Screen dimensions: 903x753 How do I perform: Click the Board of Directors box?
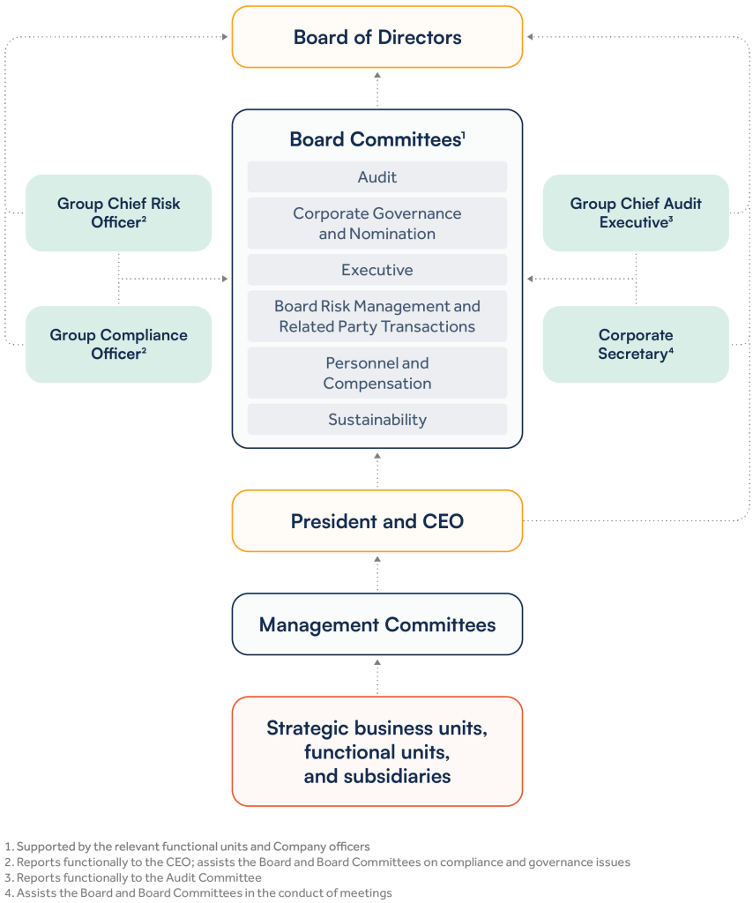(377, 37)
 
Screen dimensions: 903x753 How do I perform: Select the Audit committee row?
(377, 177)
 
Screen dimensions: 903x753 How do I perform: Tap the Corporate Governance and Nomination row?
(377, 223)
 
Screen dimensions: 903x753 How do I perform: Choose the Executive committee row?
(377, 270)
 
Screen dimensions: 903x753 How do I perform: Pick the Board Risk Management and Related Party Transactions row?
(377, 316)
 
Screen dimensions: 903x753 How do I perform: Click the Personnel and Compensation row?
(377, 373)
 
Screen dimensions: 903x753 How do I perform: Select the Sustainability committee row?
(377, 420)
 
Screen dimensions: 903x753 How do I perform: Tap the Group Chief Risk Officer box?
(119, 213)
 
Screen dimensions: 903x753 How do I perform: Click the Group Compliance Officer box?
(119, 344)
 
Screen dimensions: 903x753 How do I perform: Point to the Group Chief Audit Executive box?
(636, 213)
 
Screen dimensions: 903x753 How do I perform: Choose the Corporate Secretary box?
(636, 344)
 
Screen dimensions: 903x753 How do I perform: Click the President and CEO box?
(377, 521)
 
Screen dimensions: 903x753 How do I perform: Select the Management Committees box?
(377, 624)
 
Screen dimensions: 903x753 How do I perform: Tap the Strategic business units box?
(377, 752)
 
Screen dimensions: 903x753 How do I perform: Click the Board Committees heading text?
(376, 139)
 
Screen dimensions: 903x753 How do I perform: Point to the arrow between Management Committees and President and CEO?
(377, 572)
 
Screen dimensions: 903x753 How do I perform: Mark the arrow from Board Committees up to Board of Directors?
(377, 88)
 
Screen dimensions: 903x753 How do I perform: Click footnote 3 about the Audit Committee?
(132, 877)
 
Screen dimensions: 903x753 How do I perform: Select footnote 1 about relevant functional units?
(187, 847)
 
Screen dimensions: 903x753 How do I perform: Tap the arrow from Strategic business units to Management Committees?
(377, 675)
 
